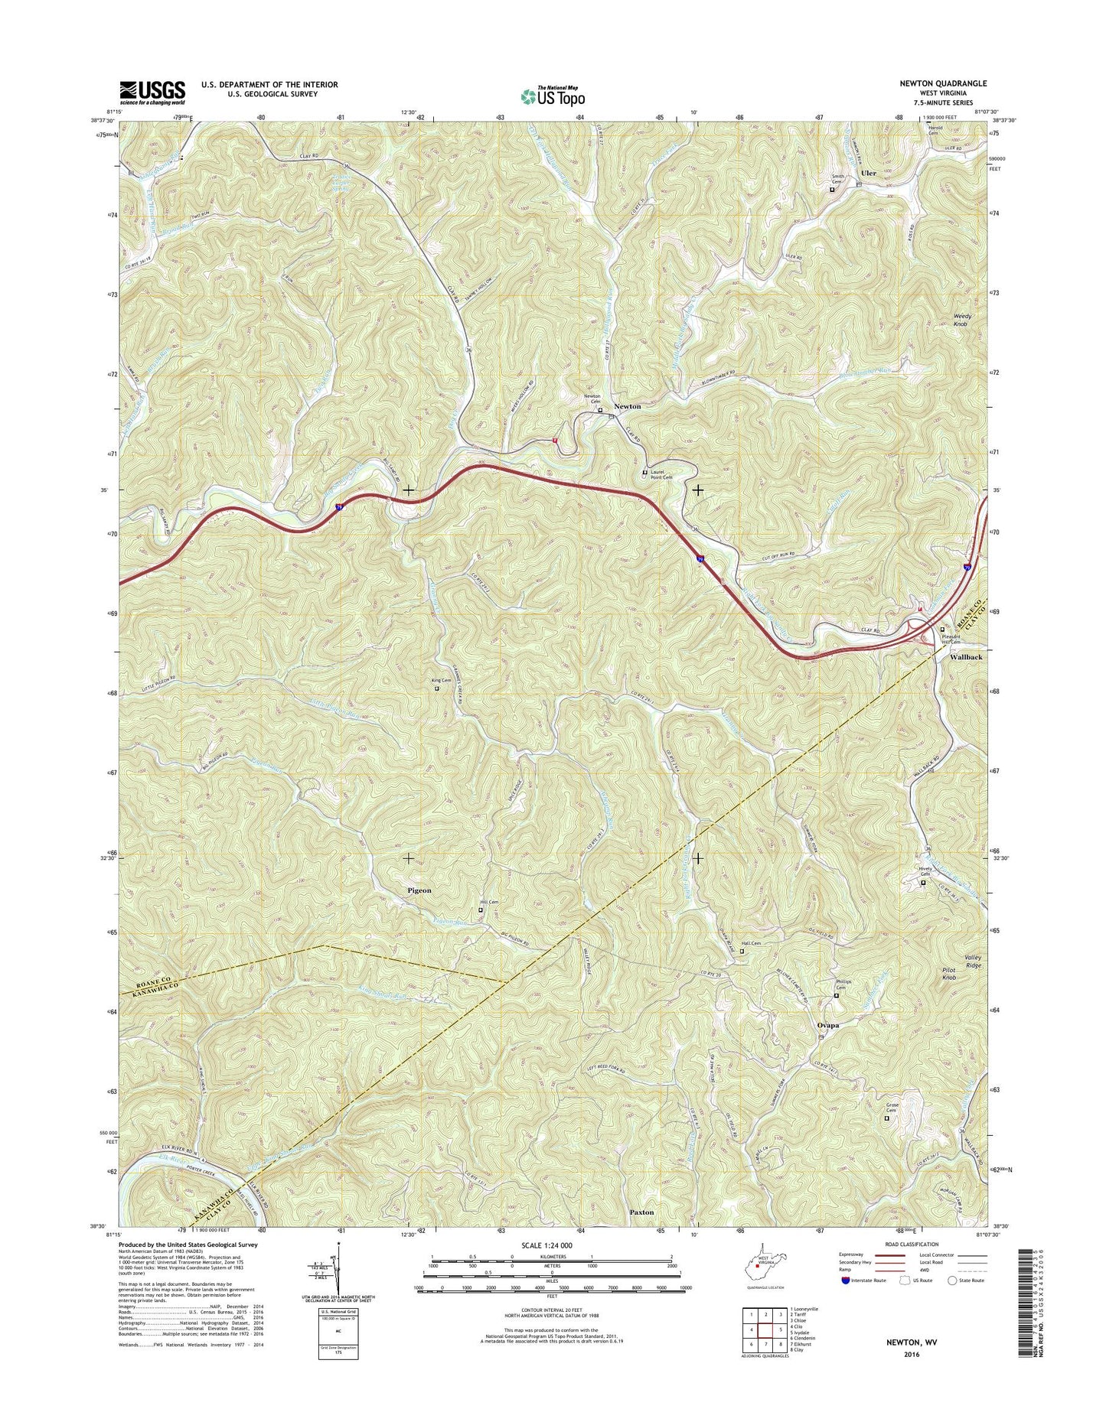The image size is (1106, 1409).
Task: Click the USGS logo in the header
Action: coord(152,93)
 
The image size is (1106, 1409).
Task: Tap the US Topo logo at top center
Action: coord(553,96)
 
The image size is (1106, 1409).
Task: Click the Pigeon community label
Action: coord(419,890)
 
